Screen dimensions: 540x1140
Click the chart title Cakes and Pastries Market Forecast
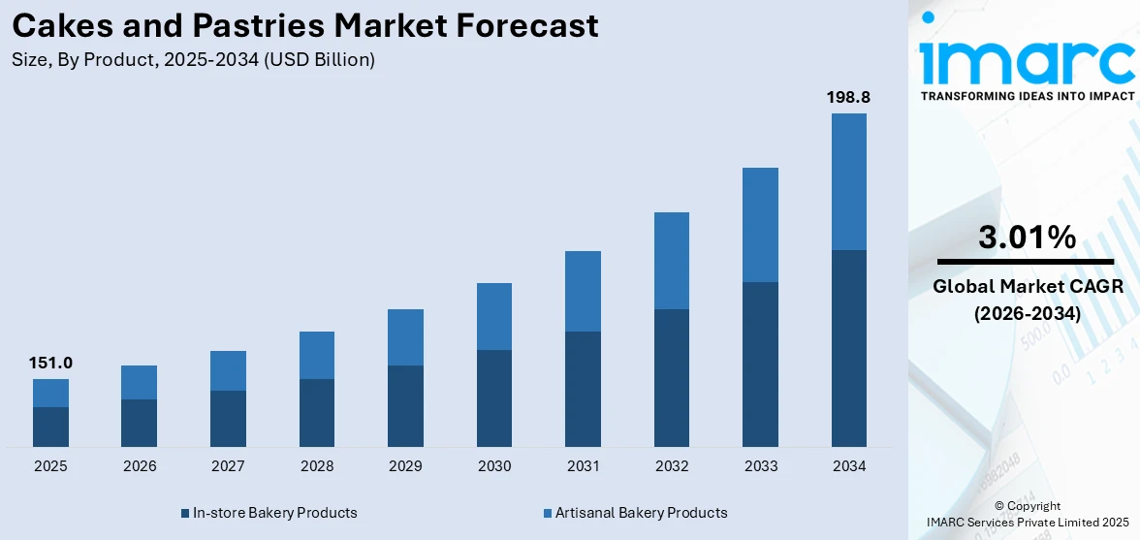[305, 26]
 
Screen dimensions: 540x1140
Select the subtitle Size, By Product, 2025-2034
[194, 60]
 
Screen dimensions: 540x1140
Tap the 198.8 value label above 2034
[848, 98]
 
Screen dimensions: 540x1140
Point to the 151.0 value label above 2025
[50, 364]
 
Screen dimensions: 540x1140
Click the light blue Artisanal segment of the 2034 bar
[848, 181]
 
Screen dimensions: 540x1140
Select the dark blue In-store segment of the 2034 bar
[848, 348]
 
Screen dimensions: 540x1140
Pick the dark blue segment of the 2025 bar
[50, 427]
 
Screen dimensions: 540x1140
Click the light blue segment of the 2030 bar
[493, 316]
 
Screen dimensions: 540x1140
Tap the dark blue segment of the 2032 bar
[671, 378]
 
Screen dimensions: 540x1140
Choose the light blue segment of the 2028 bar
[316, 355]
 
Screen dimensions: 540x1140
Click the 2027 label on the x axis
[228, 466]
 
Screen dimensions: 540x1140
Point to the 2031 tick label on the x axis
[583, 466]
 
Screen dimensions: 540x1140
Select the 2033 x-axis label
[760, 466]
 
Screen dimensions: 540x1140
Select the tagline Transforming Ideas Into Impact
[1027, 96]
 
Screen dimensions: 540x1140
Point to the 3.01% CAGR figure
[1027, 238]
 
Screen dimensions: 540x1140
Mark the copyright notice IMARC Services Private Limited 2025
[1027, 523]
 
